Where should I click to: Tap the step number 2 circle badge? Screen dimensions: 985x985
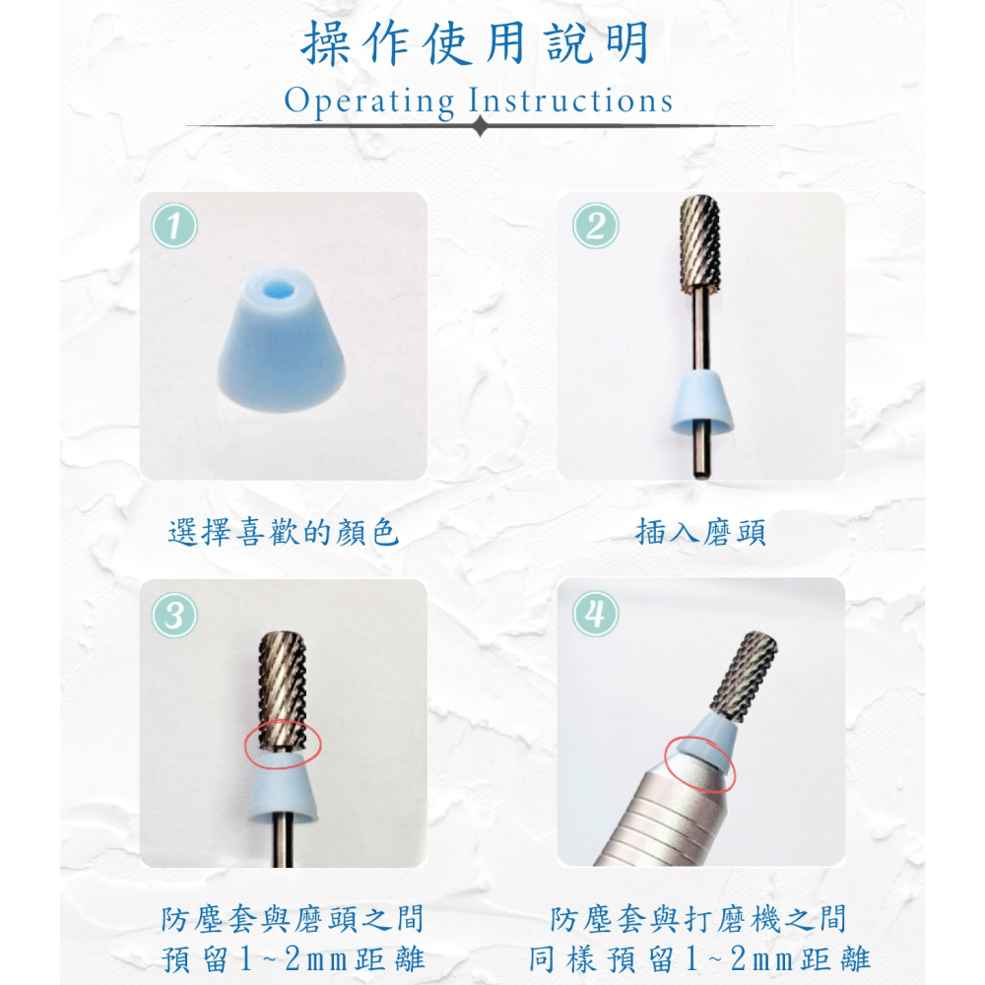tap(594, 228)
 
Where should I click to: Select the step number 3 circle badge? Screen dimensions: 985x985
tap(174, 616)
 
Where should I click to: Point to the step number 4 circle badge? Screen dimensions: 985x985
tap(594, 616)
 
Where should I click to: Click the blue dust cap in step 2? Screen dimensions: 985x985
tap(701, 405)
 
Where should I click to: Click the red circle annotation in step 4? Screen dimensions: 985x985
tap(700, 764)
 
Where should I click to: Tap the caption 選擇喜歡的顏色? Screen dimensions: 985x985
tap(284, 534)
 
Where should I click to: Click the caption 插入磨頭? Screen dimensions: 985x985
tap(701, 534)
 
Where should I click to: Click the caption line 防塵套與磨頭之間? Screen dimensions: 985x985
tap(293, 920)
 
